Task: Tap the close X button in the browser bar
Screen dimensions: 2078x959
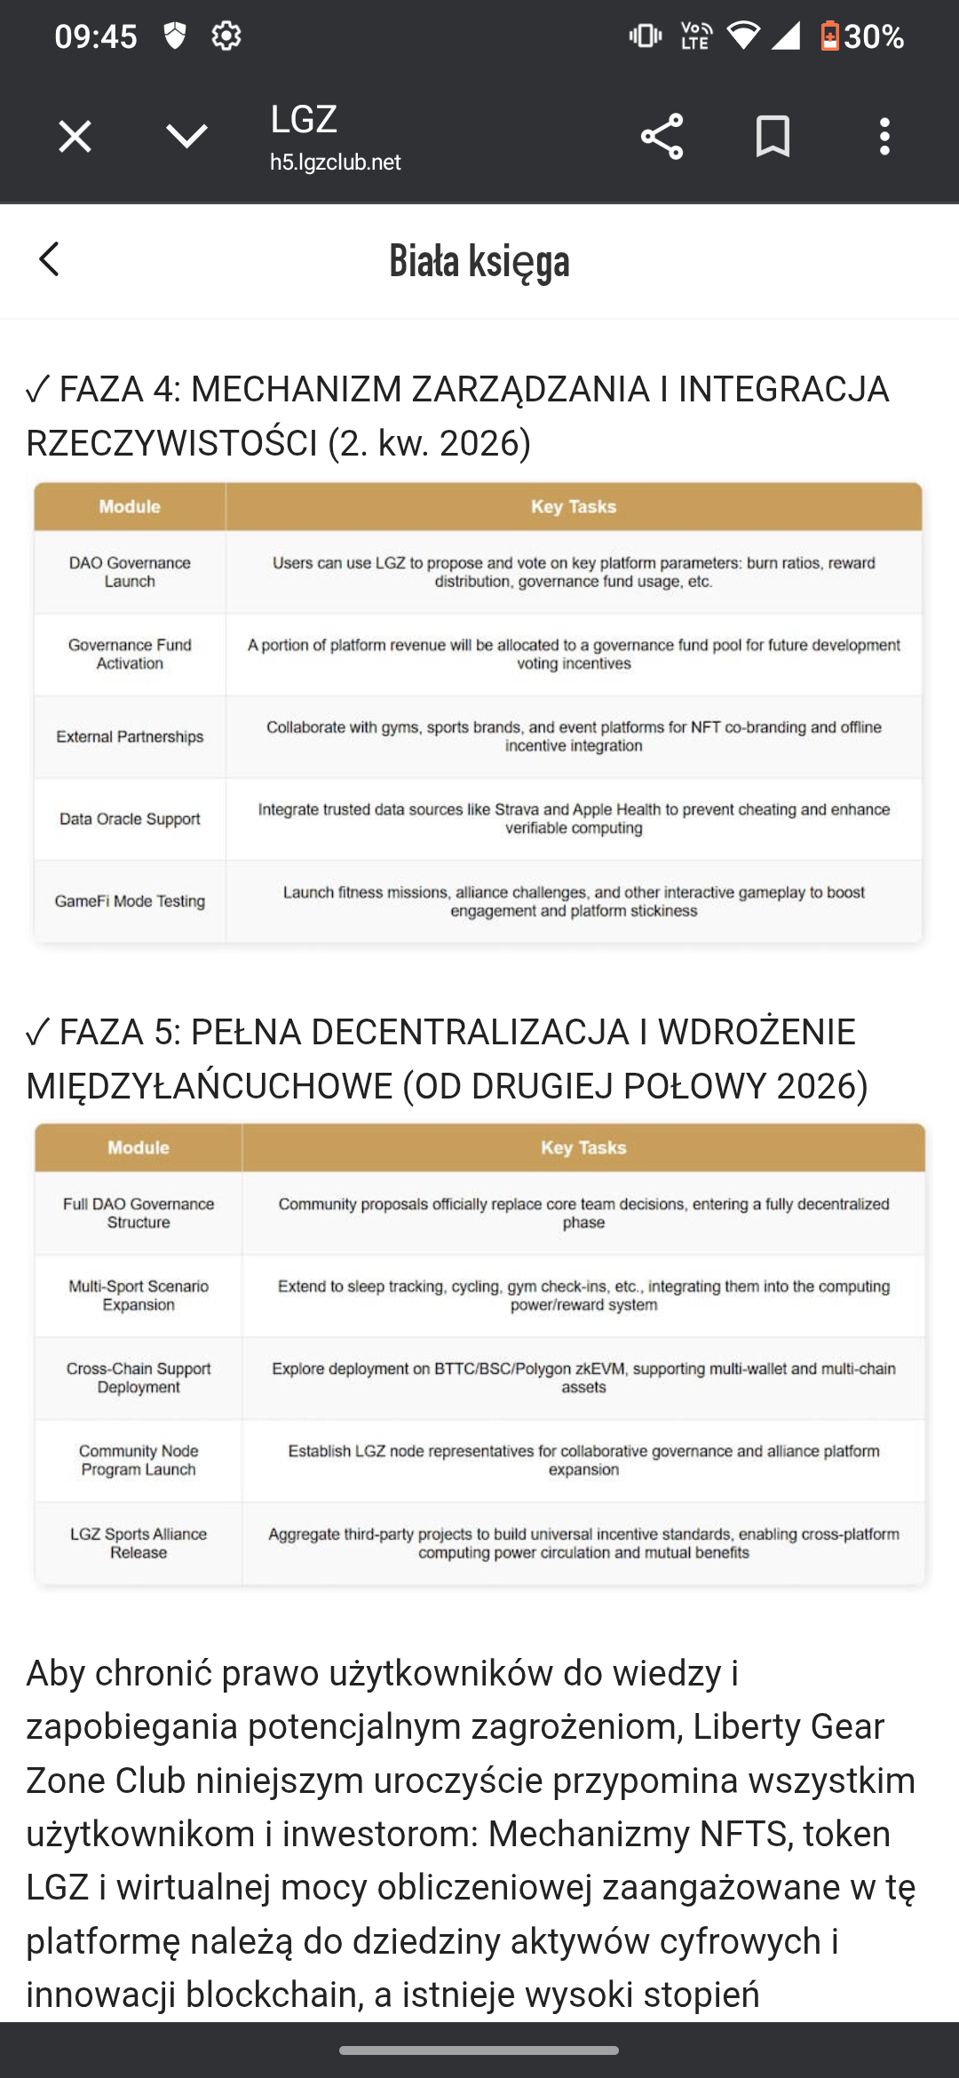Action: [75, 137]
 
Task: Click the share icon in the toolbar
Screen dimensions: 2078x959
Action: [662, 137]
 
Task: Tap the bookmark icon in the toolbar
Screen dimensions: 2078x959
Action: [773, 137]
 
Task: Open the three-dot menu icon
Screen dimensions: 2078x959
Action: [884, 137]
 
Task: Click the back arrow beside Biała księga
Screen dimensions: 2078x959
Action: [50, 259]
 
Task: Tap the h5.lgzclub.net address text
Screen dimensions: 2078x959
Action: [336, 163]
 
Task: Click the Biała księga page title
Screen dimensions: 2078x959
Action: [479, 261]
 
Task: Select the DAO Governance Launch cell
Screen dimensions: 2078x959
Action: [130, 572]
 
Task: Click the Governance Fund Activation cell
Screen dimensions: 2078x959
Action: [130, 654]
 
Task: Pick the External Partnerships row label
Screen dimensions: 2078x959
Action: [130, 737]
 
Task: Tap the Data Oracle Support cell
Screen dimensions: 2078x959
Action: [130, 819]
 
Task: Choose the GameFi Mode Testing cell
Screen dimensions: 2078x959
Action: [130, 901]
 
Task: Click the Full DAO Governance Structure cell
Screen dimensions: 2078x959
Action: [139, 1213]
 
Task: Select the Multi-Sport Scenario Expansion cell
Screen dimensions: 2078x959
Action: [139, 1296]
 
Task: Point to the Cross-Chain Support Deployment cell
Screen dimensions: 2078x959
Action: [139, 1378]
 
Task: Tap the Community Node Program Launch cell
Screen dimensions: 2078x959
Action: [139, 1461]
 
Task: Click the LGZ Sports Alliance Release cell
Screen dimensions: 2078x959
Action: [139, 1543]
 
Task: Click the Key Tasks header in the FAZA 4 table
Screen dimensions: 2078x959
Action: [574, 507]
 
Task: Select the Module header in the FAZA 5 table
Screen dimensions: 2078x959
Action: [139, 1148]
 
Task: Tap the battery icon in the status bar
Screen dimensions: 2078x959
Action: [829, 36]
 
